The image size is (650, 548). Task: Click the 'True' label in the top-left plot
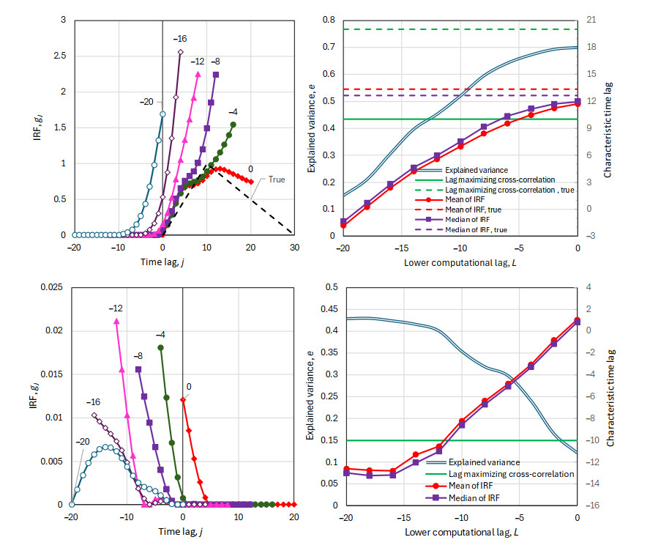277,179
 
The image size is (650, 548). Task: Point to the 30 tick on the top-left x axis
294,247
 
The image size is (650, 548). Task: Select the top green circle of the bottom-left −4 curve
160,347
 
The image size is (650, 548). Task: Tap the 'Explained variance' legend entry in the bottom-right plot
484,462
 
